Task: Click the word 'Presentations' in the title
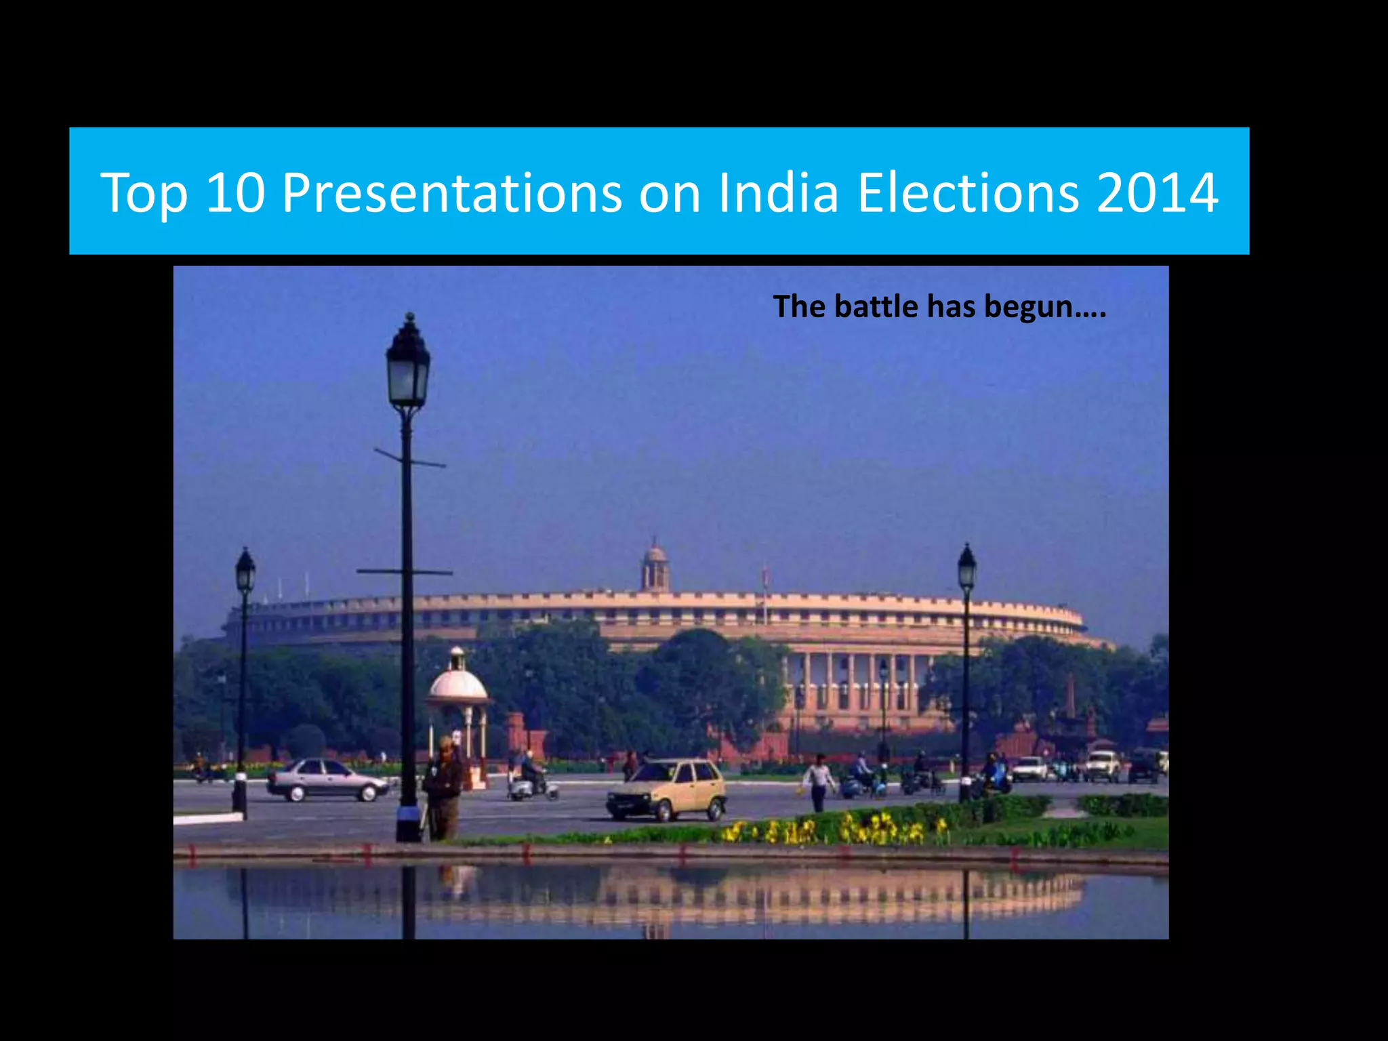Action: click(451, 193)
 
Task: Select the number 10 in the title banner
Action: click(234, 193)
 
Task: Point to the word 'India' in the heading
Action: click(779, 193)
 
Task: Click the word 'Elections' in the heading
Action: click(968, 193)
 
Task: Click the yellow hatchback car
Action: click(667, 789)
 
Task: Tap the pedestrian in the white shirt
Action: click(819, 781)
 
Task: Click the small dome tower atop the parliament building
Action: click(655, 567)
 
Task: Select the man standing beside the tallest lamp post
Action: click(444, 790)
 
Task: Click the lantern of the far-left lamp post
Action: click(245, 571)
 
